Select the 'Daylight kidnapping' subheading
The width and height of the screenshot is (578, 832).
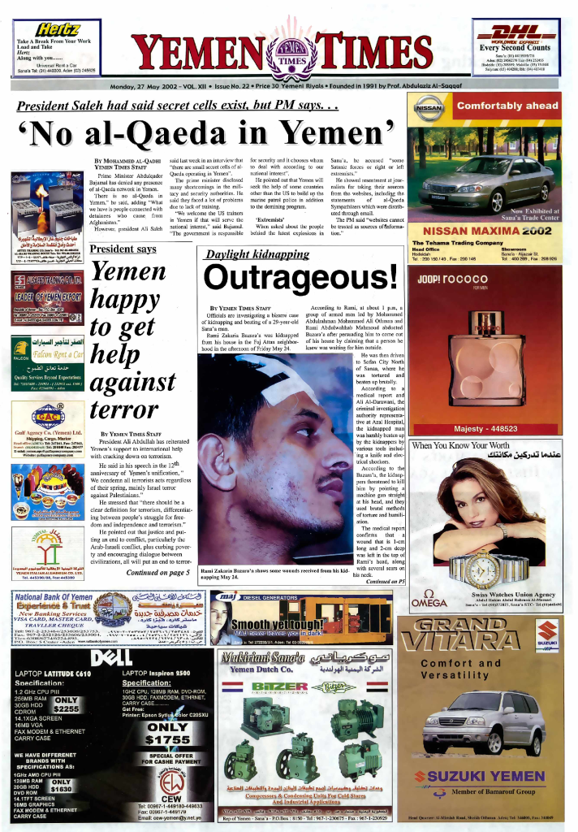tap(257, 254)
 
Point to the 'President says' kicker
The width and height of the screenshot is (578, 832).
tap(123, 249)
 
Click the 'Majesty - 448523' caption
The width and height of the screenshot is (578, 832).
tap(485, 430)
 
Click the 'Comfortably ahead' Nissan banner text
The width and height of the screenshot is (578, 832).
tap(507, 106)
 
